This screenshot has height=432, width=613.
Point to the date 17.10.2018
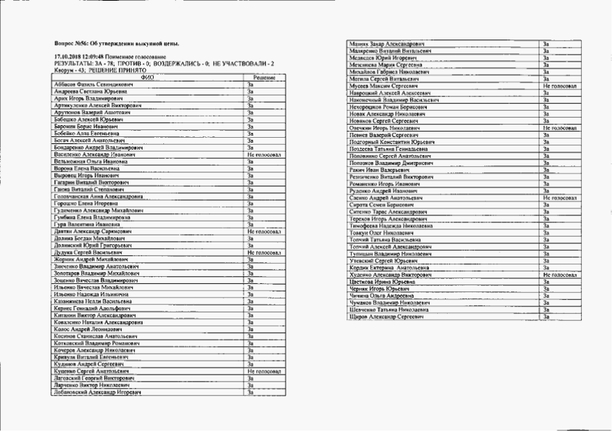point(66,56)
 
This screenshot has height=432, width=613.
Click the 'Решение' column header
point(264,78)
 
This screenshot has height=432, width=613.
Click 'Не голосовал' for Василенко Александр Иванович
point(262,155)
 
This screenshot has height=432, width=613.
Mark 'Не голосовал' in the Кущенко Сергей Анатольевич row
point(263,372)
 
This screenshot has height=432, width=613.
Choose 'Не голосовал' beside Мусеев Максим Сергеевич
point(560,84)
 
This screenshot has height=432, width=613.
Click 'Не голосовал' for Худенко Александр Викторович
point(560,275)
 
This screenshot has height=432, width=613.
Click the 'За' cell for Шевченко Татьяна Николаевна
point(547,309)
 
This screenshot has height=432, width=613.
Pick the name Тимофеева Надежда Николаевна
point(391,226)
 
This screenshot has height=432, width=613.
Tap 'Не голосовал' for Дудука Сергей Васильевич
point(263,253)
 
